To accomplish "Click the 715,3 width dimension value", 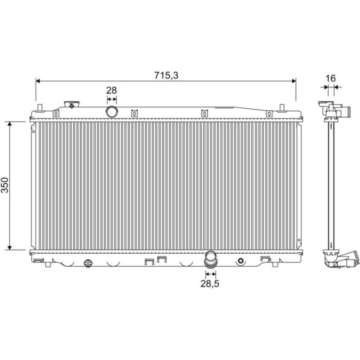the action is coord(166,75).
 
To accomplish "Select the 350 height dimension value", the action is coord(5,185).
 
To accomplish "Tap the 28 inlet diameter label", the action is coord(111,90).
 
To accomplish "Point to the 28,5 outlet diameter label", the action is coord(210,284).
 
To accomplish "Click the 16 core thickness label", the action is coord(330,78).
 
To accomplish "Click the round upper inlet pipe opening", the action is coord(112,112).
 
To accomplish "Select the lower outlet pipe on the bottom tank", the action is coord(211,259).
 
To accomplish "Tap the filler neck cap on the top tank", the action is coord(72,104).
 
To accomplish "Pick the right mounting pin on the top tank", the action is coord(282,108).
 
